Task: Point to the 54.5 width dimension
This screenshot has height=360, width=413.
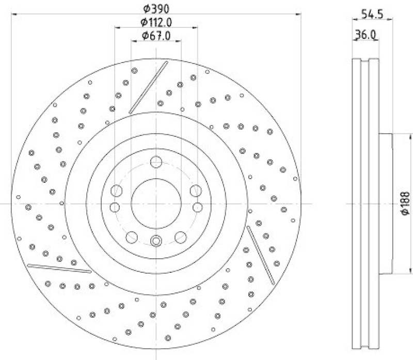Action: click(372, 14)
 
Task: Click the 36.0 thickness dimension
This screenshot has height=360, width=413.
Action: click(365, 35)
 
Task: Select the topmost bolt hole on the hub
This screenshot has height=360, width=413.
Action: click(155, 162)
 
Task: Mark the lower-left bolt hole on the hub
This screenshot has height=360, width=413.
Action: click(132, 237)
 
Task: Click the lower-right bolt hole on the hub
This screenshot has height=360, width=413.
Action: click(180, 237)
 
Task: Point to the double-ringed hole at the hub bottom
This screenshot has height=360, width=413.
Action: click(156, 240)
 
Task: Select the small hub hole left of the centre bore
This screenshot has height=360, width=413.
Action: click(115, 207)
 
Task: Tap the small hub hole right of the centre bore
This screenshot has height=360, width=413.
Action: click(197, 207)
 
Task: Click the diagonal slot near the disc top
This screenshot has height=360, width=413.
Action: click(149, 86)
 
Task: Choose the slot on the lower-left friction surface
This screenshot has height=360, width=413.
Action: click(59, 269)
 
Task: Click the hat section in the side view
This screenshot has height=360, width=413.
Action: click(386, 204)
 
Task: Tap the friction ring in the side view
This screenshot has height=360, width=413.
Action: click(365, 204)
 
